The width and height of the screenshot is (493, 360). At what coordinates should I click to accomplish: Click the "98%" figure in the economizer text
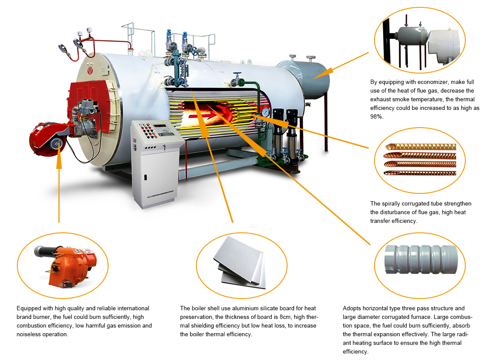pyautogui.click(x=377, y=116)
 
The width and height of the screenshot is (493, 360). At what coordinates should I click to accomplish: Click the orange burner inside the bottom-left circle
pyautogui.click(x=66, y=266)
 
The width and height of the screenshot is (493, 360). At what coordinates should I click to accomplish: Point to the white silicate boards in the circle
pyautogui.click(x=240, y=263)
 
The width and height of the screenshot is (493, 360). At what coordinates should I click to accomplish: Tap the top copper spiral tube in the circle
pyautogui.click(x=421, y=147)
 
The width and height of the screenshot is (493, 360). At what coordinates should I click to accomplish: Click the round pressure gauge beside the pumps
pyautogui.click(x=266, y=112)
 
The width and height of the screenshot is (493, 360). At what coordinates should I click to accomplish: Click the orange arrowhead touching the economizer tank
pyautogui.click(x=324, y=73)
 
